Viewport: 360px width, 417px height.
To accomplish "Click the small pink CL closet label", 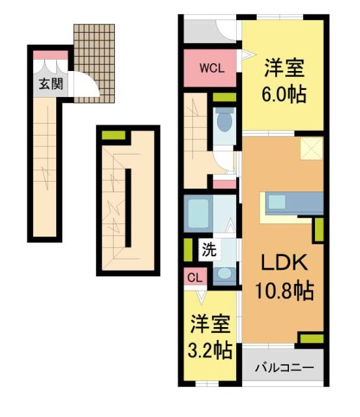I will (x=194, y=277).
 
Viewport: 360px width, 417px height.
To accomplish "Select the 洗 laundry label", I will (x=207, y=248).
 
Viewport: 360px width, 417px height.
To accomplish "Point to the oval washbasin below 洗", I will (x=224, y=274).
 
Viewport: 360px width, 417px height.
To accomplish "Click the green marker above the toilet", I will (x=224, y=98).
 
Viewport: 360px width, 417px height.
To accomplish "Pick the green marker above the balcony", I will (x=311, y=338).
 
